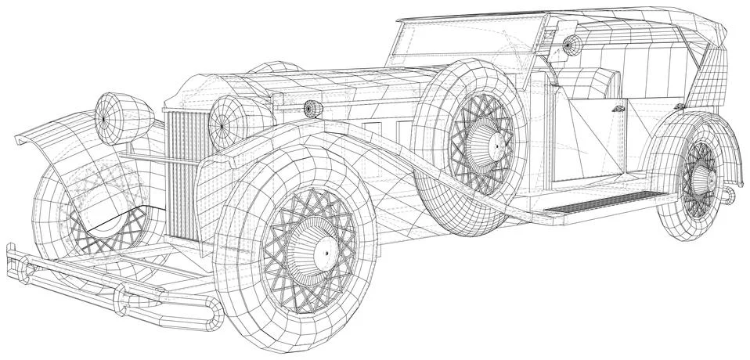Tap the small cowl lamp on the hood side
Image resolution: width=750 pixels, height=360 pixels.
313,108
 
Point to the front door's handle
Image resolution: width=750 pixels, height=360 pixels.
619,109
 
